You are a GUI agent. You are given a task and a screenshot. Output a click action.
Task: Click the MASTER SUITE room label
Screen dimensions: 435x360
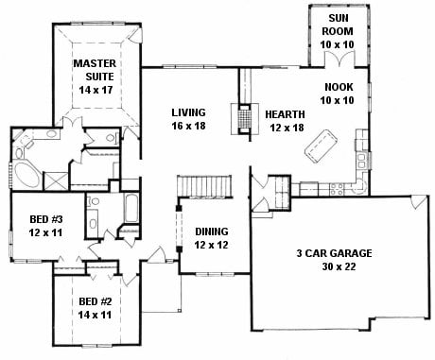tap(95, 70)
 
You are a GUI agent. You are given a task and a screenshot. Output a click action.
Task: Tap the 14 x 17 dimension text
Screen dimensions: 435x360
tap(96, 90)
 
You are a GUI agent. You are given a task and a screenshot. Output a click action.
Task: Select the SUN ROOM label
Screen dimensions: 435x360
tap(337, 25)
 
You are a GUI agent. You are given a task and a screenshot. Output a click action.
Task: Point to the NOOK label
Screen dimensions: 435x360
tap(339, 87)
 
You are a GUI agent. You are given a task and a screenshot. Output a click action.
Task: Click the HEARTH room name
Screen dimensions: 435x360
tap(285, 114)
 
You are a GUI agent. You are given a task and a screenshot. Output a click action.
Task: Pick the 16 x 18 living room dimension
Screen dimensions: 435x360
tap(188, 126)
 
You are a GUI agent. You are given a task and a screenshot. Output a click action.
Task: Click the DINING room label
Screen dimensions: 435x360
tap(212, 231)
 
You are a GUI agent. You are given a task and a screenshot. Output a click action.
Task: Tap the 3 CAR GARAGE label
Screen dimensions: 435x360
tap(334, 253)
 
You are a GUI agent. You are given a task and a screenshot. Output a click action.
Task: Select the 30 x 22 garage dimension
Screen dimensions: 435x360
tap(339, 266)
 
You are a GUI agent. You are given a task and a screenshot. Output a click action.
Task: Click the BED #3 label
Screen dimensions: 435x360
tap(45, 219)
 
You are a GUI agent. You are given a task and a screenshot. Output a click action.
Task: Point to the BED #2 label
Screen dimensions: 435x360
tap(95, 301)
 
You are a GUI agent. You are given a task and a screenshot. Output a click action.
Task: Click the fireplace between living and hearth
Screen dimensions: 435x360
tap(245, 119)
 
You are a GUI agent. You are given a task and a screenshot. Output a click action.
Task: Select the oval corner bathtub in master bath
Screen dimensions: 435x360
tap(26, 175)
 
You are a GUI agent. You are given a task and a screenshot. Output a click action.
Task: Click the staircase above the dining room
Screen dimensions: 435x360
tap(204, 186)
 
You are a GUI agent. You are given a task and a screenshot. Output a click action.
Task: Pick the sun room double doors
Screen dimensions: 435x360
tap(339, 59)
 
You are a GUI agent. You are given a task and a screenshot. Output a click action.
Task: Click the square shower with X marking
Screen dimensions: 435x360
tap(56, 180)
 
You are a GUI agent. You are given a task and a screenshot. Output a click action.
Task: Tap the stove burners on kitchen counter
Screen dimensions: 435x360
tap(337, 188)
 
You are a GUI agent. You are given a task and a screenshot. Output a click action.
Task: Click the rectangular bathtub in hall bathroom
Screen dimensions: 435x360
tap(131, 209)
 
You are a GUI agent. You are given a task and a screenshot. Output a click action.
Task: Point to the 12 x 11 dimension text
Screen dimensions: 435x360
tap(45, 232)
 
